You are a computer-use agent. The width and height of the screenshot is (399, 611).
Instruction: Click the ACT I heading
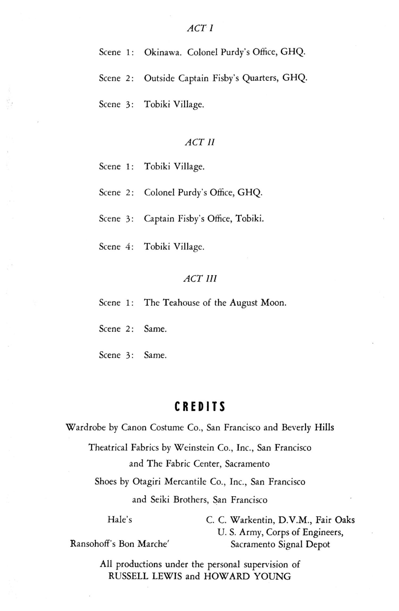point(200,28)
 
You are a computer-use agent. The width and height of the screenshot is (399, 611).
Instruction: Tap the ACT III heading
point(200,278)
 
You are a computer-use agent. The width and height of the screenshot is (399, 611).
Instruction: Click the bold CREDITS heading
point(200,406)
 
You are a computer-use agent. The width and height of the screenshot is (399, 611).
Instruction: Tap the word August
point(244,303)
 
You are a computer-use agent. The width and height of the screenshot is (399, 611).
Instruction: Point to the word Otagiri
point(147,482)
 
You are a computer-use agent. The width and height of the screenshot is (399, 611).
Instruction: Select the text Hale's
point(120,519)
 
